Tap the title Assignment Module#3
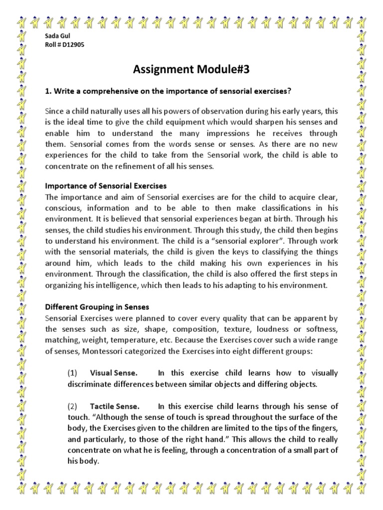point(191,70)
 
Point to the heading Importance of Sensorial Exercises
point(106,186)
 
